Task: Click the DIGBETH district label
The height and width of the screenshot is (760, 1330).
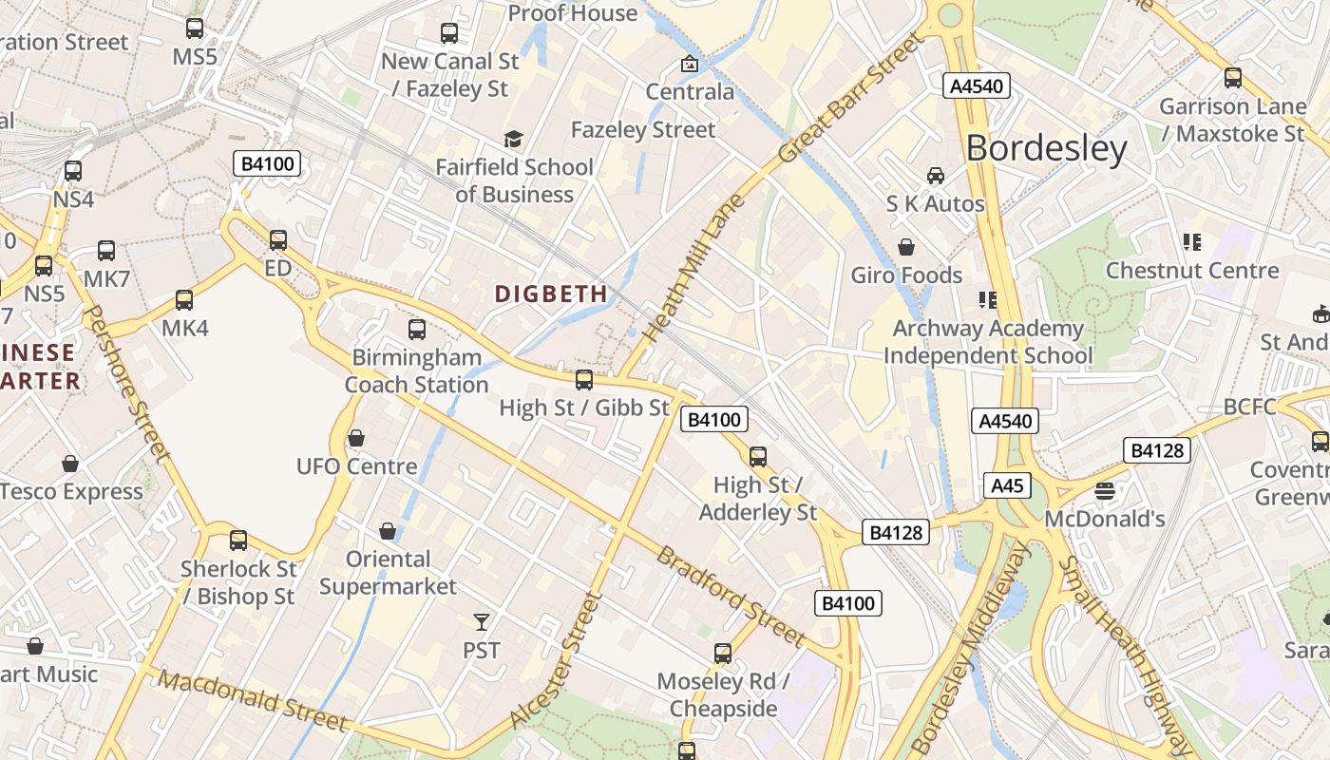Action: click(x=551, y=294)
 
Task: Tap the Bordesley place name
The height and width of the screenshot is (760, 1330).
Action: click(x=1046, y=149)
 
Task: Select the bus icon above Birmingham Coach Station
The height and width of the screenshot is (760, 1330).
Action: click(x=417, y=330)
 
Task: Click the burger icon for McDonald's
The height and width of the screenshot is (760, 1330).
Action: click(x=1104, y=491)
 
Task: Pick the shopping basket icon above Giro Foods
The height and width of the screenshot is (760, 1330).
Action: click(x=906, y=247)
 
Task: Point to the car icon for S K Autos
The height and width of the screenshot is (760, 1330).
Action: click(x=936, y=176)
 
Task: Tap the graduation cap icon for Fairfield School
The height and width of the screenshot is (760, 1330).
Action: click(x=513, y=140)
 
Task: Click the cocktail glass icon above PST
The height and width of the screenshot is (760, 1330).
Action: click(x=482, y=622)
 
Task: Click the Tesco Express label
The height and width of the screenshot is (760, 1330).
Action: click(x=72, y=492)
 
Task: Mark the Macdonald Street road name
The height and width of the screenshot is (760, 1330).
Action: click(x=253, y=701)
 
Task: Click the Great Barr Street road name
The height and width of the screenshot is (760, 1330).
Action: click(x=850, y=98)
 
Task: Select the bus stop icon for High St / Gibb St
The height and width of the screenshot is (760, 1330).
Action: click(x=584, y=380)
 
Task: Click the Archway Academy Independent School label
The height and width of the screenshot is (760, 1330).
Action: click(x=988, y=342)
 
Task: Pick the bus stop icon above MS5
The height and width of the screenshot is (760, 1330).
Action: click(x=195, y=28)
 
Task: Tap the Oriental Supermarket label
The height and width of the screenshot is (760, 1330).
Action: click(x=388, y=573)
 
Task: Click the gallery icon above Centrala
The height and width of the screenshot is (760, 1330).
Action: click(x=690, y=65)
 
